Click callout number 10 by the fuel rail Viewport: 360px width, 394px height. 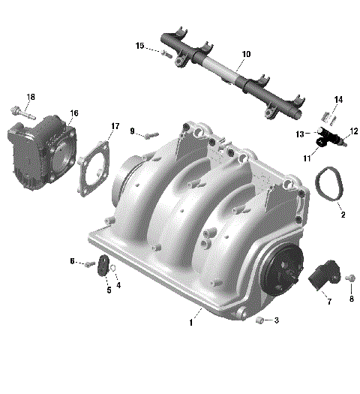(x=247, y=55)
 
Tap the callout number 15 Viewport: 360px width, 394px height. (x=140, y=46)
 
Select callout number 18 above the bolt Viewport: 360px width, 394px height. (x=31, y=98)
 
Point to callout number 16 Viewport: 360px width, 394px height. (x=74, y=113)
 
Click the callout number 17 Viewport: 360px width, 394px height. (x=115, y=125)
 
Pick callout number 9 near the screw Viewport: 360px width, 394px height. (x=132, y=131)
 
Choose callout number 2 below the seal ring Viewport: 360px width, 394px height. (x=343, y=215)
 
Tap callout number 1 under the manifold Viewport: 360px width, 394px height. (x=191, y=323)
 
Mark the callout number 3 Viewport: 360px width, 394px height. (x=276, y=320)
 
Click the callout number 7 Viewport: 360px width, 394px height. (x=328, y=302)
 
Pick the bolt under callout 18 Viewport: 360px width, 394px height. (x=25, y=113)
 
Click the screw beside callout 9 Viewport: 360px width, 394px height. (x=150, y=135)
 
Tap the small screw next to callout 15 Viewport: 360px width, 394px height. (x=165, y=53)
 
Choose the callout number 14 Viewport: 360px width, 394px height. (x=338, y=100)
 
